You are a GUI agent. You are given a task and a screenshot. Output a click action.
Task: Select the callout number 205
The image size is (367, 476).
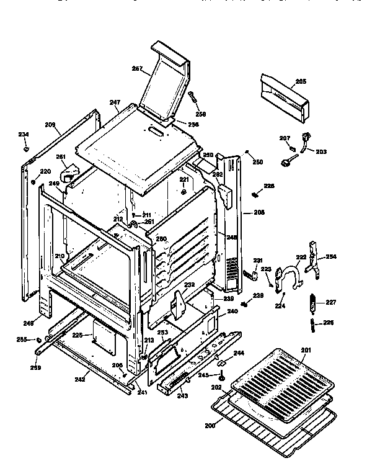pyautogui.click(x=300, y=81)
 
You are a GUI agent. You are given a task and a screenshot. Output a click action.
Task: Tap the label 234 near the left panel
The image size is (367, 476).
pyautogui.click(x=23, y=135)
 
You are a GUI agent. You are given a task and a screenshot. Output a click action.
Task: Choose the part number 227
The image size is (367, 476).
pyautogui.click(x=330, y=303)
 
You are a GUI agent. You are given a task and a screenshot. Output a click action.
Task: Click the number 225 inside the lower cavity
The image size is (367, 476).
pyautogui.click(x=77, y=335)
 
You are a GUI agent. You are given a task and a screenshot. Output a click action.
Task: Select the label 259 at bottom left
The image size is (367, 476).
pyautogui.click(x=36, y=368)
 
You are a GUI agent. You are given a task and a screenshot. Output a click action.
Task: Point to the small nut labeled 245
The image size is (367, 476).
pyautogui.click(x=221, y=375)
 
